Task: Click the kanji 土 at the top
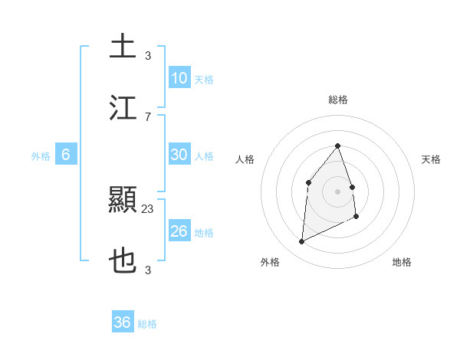[x=123, y=47]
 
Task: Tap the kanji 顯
[x=123, y=201]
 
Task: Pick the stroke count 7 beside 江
[x=148, y=116]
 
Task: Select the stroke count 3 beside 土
[x=148, y=56]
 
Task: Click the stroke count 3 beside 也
[x=148, y=270]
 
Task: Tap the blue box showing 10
[x=179, y=78]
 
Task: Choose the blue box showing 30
[x=179, y=155]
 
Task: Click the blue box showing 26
[x=179, y=231]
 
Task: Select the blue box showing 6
[x=66, y=155]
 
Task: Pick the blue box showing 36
[x=123, y=322]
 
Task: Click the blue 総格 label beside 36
[x=147, y=324]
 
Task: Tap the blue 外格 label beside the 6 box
[x=41, y=156]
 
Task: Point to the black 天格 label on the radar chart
[x=431, y=159]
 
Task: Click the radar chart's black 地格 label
[x=402, y=262]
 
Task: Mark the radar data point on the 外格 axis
[x=301, y=242]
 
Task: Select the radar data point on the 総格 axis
[x=337, y=146]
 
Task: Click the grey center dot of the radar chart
[x=337, y=191]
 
